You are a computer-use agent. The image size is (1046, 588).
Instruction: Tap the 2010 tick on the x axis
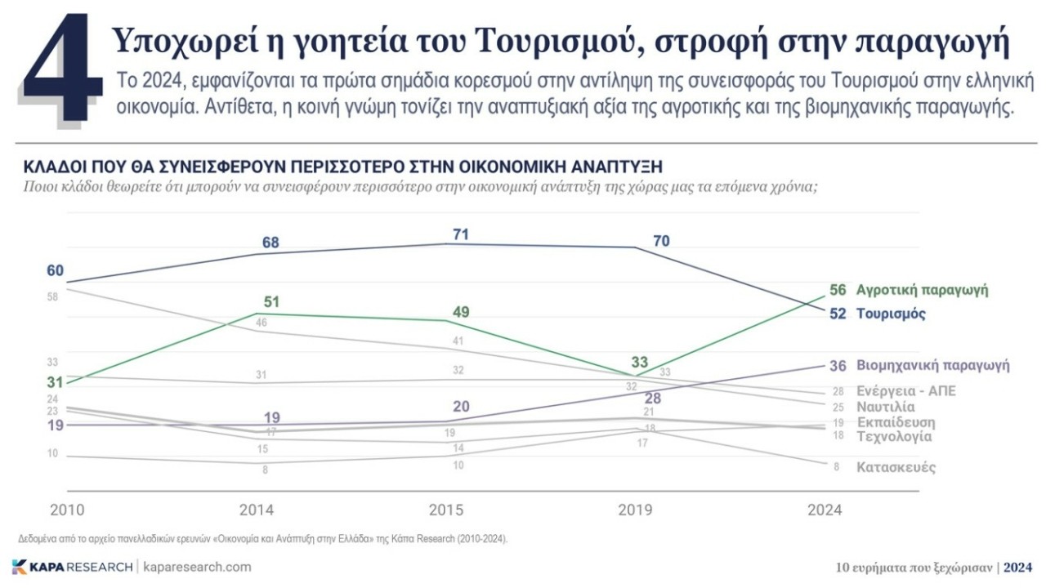pyautogui.click(x=67, y=510)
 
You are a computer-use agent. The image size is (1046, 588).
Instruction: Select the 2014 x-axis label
pyautogui.click(x=256, y=510)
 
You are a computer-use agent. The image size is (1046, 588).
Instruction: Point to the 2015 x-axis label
pyautogui.click(x=447, y=510)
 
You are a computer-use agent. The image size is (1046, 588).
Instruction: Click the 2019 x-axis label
pyautogui.click(x=635, y=510)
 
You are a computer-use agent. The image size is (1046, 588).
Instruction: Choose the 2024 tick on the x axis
pyautogui.click(x=825, y=510)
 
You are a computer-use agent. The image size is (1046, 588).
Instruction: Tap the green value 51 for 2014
pyautogui.click(x=271, y=302)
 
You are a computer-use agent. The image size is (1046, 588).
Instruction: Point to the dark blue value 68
pyautogui.click(x=271, y=243)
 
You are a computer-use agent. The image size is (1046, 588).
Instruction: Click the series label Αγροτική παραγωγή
pyautogui.click(x=922, y=290)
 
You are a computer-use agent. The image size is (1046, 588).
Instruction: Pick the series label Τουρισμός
pyautogui.click(x=891, y=314)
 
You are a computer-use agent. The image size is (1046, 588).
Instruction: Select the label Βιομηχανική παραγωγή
pyautogui.click(x=932, y=365)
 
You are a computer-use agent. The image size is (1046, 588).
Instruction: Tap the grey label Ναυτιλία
pyautogui.click(x=885, y=407)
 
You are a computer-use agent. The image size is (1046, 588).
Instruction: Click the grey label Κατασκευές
pyautogui.click(x=896, y=468)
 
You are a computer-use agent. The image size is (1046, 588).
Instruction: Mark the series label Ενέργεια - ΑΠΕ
pyautogui.click(x=905, y=391)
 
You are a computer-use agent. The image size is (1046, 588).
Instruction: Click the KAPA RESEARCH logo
pyautogui.click(x=72, y=567)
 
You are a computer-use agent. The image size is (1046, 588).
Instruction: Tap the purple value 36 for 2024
pyautogui.click(x=837, y=366)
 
